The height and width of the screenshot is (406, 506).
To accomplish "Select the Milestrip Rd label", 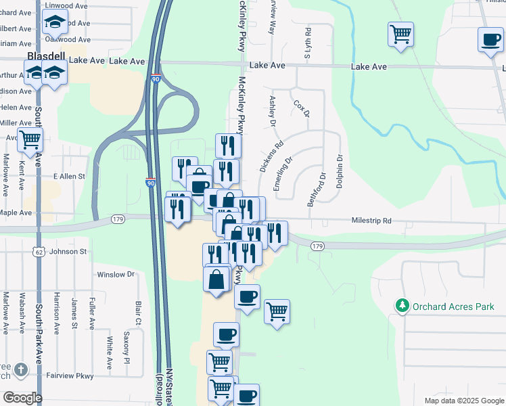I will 371,221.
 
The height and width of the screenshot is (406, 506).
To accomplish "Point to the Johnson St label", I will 68,252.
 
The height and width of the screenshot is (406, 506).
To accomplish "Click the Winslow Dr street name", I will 116,275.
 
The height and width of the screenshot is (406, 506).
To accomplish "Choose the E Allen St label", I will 69,176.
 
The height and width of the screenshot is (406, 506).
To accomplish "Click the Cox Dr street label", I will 301,108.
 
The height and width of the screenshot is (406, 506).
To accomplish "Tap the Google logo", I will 22,398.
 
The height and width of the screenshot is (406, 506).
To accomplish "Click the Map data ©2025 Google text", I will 463,401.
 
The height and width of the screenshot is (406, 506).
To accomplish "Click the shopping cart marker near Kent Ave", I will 30,140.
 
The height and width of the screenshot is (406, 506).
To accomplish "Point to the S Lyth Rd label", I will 307,43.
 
